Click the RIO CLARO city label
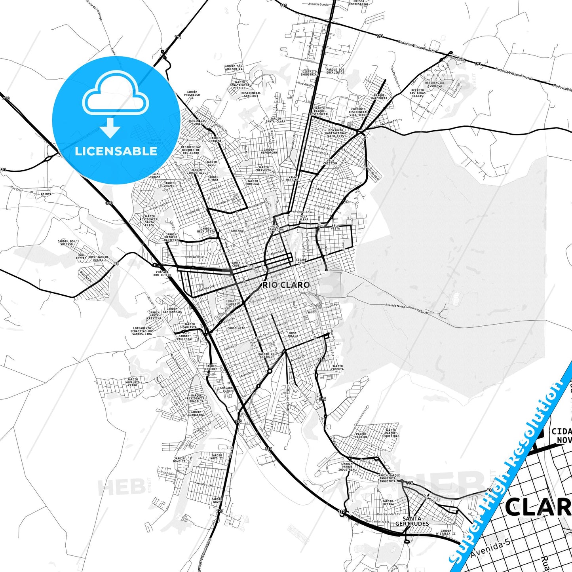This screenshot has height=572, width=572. point(286,285)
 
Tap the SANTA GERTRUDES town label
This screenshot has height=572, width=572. point(412,521)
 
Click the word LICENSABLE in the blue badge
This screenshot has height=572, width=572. point(116,151)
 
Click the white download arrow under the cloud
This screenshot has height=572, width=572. point(110,127)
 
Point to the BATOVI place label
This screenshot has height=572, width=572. point(46,194)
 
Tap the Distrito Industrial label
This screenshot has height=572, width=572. point(309,73)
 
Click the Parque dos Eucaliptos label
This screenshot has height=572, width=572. point(335,71)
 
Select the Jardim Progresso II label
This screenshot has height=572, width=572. point(192,95)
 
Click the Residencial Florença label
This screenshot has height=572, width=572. point(435,84)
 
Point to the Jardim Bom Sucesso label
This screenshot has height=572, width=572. point(67,243)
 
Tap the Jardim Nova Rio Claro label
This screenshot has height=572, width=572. point(132,382)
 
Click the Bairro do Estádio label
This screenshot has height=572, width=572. point(266,355)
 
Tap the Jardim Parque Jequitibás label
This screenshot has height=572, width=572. point(390,433)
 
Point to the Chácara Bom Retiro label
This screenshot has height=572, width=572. point(162,274)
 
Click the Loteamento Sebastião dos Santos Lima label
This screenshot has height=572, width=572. point(142,331)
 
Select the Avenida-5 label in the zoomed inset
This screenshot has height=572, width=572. point(490,548)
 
